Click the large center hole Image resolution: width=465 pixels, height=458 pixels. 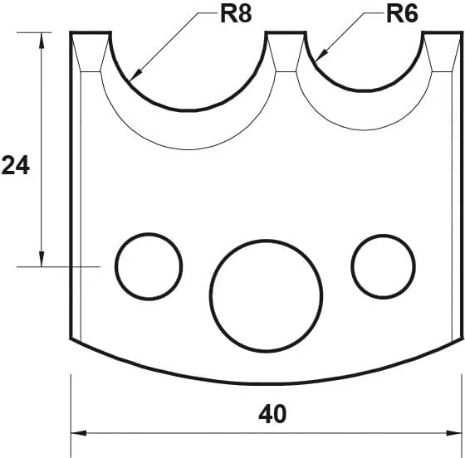(266, 295)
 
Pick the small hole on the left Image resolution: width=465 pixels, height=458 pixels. (149, 266)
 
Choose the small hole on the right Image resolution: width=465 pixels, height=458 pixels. (383, 266)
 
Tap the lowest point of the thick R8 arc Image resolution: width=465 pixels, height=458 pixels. (189, 110)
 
